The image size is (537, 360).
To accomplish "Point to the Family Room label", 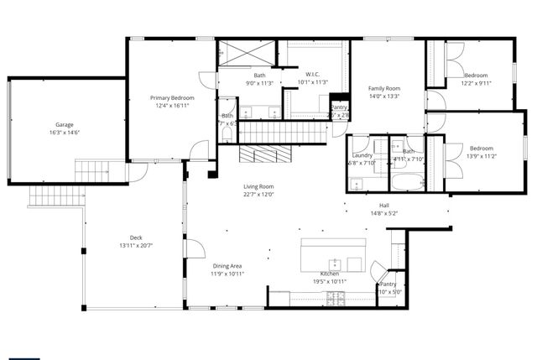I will [x=384, y=88].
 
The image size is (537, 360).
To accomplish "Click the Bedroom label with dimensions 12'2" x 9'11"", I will [x=476, y=76].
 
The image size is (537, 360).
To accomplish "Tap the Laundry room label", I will [x=362, y=154].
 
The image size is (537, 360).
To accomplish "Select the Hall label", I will [x=383, y=205].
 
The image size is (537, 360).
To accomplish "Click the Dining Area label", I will [x=227, y=266].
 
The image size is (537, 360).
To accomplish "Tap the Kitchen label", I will [x=329, y=275].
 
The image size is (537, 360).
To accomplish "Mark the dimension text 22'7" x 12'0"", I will [x=258, y=195].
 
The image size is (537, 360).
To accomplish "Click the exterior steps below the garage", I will [x=56, y=196].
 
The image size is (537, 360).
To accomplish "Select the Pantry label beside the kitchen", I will [x=387, y=284].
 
